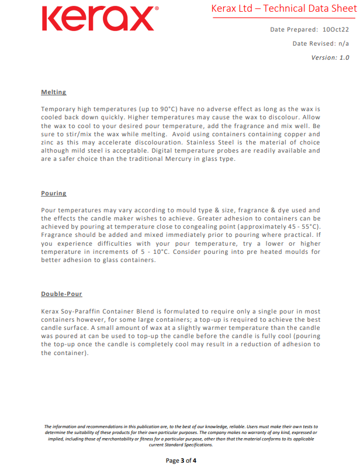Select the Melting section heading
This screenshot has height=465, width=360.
[x=53, y=92]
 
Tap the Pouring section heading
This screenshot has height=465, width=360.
[x=53, y=194]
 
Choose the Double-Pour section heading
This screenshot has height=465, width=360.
[x=61, y=294]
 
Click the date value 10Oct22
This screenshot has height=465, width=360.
[x=335, y=29]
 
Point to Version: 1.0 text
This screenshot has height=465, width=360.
[x=330, y=57]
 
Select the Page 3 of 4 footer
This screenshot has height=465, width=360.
[x=181, y=460]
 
